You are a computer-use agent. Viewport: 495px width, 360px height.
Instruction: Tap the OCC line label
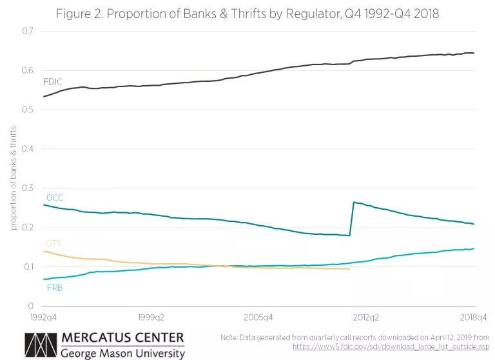pyautogui.click(x=54, y=197)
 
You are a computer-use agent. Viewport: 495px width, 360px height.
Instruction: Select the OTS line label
pyautogui.click(x=53, y=243)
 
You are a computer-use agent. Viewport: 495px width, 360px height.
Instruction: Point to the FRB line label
pyautogui.click(x=55, y=288)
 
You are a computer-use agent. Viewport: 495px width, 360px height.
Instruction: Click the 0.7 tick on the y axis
pyautogui.click(x=27, y=31)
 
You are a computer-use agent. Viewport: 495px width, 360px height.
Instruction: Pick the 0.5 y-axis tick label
pyautogui.click(x=27, y=110)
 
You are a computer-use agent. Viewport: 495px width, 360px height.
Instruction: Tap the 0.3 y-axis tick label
pyautogui.click(x=27, y=188)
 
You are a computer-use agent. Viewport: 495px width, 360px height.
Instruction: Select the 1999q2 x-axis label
pyautogui.click(x=153, y=317)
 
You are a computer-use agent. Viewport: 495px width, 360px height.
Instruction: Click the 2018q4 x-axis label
pyautogui.click(x=474, y=317)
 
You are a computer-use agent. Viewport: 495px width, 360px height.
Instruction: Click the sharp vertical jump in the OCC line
pyautogui.click(x=351, y=219)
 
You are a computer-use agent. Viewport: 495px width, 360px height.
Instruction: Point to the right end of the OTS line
pyautogui.click(x=350, y=269)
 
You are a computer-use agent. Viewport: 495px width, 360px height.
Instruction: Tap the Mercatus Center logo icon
pyautogui.click(x=40, y=345)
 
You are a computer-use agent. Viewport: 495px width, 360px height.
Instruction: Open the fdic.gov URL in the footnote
pyautogui.click(x=391, y=346)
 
